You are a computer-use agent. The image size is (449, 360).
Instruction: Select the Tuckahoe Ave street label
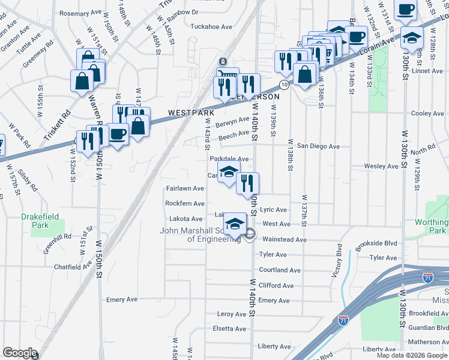point(211,26)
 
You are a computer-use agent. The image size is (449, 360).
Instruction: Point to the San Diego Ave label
point(318,146)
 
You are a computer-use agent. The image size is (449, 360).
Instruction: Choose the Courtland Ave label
point(279,270)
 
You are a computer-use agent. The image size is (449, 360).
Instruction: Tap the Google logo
point(20,352)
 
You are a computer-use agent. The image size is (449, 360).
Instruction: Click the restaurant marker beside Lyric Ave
point(247,182)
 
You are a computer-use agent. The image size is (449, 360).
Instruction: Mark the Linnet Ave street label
point(427,71)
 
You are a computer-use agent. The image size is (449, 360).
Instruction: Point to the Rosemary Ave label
point(80,13)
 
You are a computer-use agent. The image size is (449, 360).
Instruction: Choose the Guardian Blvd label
point(427,327)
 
